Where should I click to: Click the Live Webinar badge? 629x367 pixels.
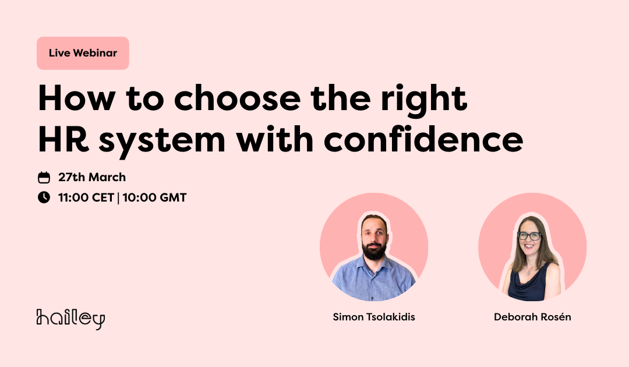point(83,54)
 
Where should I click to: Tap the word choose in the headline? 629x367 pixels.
point(237,98)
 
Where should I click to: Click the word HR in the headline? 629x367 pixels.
point(63,140)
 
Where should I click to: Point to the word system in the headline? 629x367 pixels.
point(162,142)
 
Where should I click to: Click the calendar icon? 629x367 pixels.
point(44,177)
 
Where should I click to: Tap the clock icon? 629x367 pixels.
point(44,197)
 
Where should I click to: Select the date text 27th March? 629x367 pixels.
point(92,177)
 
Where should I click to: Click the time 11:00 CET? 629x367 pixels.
point(86,197)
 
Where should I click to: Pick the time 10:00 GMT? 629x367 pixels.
point(154,197)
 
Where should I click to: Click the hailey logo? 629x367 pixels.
point(70,319)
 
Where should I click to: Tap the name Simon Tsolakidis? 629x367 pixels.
point(374,317)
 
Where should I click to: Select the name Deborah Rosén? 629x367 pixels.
point(532,317)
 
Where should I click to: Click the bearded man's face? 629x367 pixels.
point(374,238)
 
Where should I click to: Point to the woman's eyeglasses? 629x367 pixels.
point(529,236)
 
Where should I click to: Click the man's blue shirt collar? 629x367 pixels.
point(373,264)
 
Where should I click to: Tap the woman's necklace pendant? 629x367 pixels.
point(529,273)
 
